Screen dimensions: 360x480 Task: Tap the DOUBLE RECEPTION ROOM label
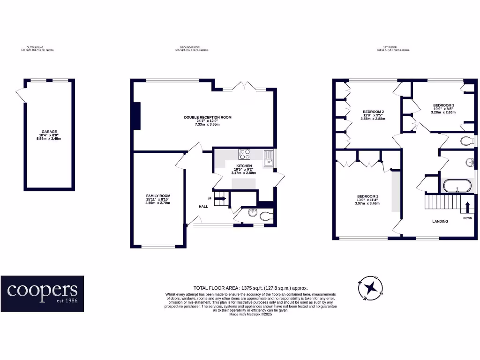tap(207, 117)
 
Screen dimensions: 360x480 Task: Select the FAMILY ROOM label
tap(157, 195)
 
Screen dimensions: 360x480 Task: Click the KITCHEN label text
tap(244, 166)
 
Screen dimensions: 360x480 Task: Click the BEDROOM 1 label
tap(367, 196)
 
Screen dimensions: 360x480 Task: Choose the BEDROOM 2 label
tap(373, 112)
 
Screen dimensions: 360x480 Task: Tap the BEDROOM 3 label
tap(443, 105)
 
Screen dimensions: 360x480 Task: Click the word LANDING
tap(440, 221)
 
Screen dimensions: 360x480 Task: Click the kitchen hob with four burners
tap(245, 154)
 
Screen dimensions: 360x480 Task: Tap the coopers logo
tap(42, 293)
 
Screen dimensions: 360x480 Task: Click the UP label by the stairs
tap(209, 198)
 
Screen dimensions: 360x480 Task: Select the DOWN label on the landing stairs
tap(467, 217)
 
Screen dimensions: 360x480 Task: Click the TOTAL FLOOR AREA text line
tap(250, 288)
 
